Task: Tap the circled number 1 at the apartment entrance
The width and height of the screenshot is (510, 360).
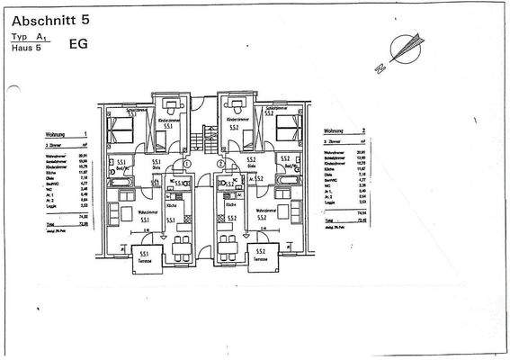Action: tap(187, 165)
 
